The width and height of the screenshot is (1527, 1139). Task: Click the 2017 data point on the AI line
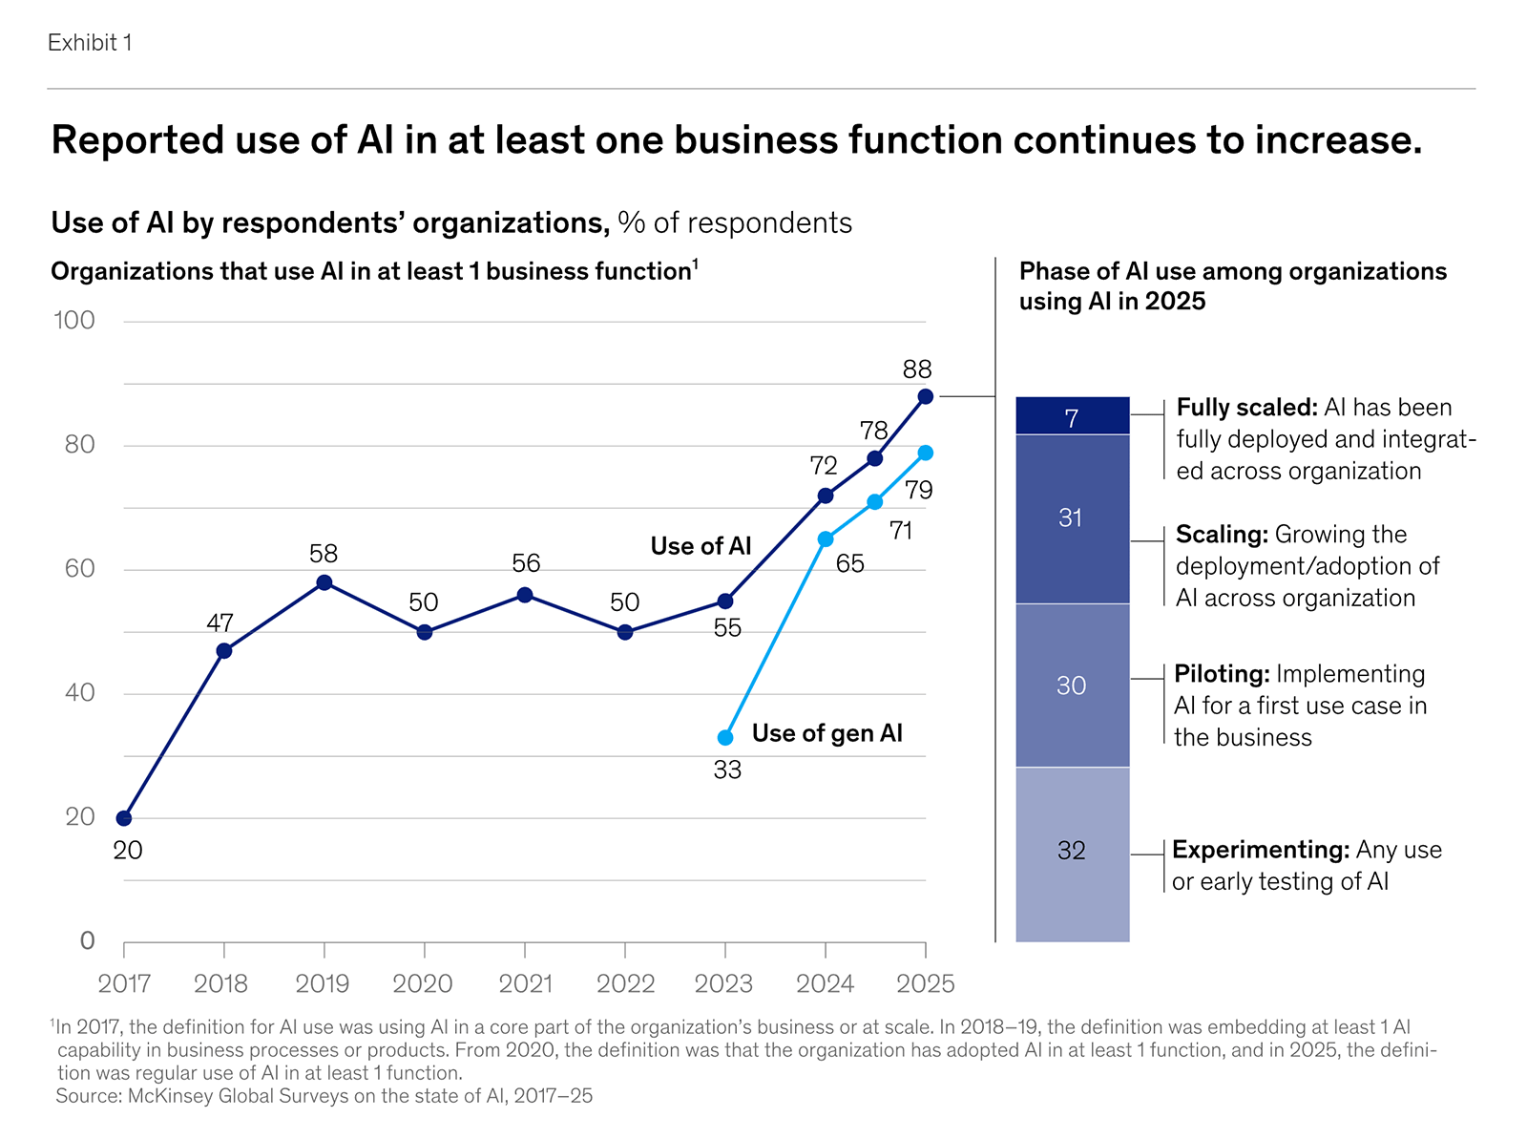[x=124, y=818]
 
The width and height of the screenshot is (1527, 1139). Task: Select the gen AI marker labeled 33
[x=725, y=738]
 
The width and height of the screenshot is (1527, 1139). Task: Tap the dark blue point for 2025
[x=925, y=396]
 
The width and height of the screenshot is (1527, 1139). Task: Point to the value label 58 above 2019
[x=324, y=554]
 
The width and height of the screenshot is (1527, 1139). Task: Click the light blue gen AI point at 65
[x=826, y=539]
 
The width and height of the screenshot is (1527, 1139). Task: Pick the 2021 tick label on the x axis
[x=525, y=983]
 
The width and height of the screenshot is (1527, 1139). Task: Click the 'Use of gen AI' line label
[x=826, y=733]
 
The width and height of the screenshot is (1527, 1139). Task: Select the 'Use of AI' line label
[x=701, y=546]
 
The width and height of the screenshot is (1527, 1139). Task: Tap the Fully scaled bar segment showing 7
[x=1072, y=417]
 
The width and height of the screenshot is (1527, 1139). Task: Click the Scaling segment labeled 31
[x=1071, y=518]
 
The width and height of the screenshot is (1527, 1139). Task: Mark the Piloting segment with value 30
[x=1071, y=686]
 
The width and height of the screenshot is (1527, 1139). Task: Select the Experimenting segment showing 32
[x=1071, y=851]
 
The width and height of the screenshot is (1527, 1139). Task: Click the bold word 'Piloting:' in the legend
[x=1222, y=674]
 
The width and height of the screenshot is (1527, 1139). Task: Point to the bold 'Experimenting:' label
[x=1260, y=850]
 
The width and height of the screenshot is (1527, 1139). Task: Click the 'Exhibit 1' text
[x=90, y=43]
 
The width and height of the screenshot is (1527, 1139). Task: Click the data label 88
[x=916, y=369]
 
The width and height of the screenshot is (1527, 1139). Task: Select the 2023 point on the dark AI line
[x=725, y=601]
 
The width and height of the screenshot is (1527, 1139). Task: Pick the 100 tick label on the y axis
[x=74, y=321]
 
